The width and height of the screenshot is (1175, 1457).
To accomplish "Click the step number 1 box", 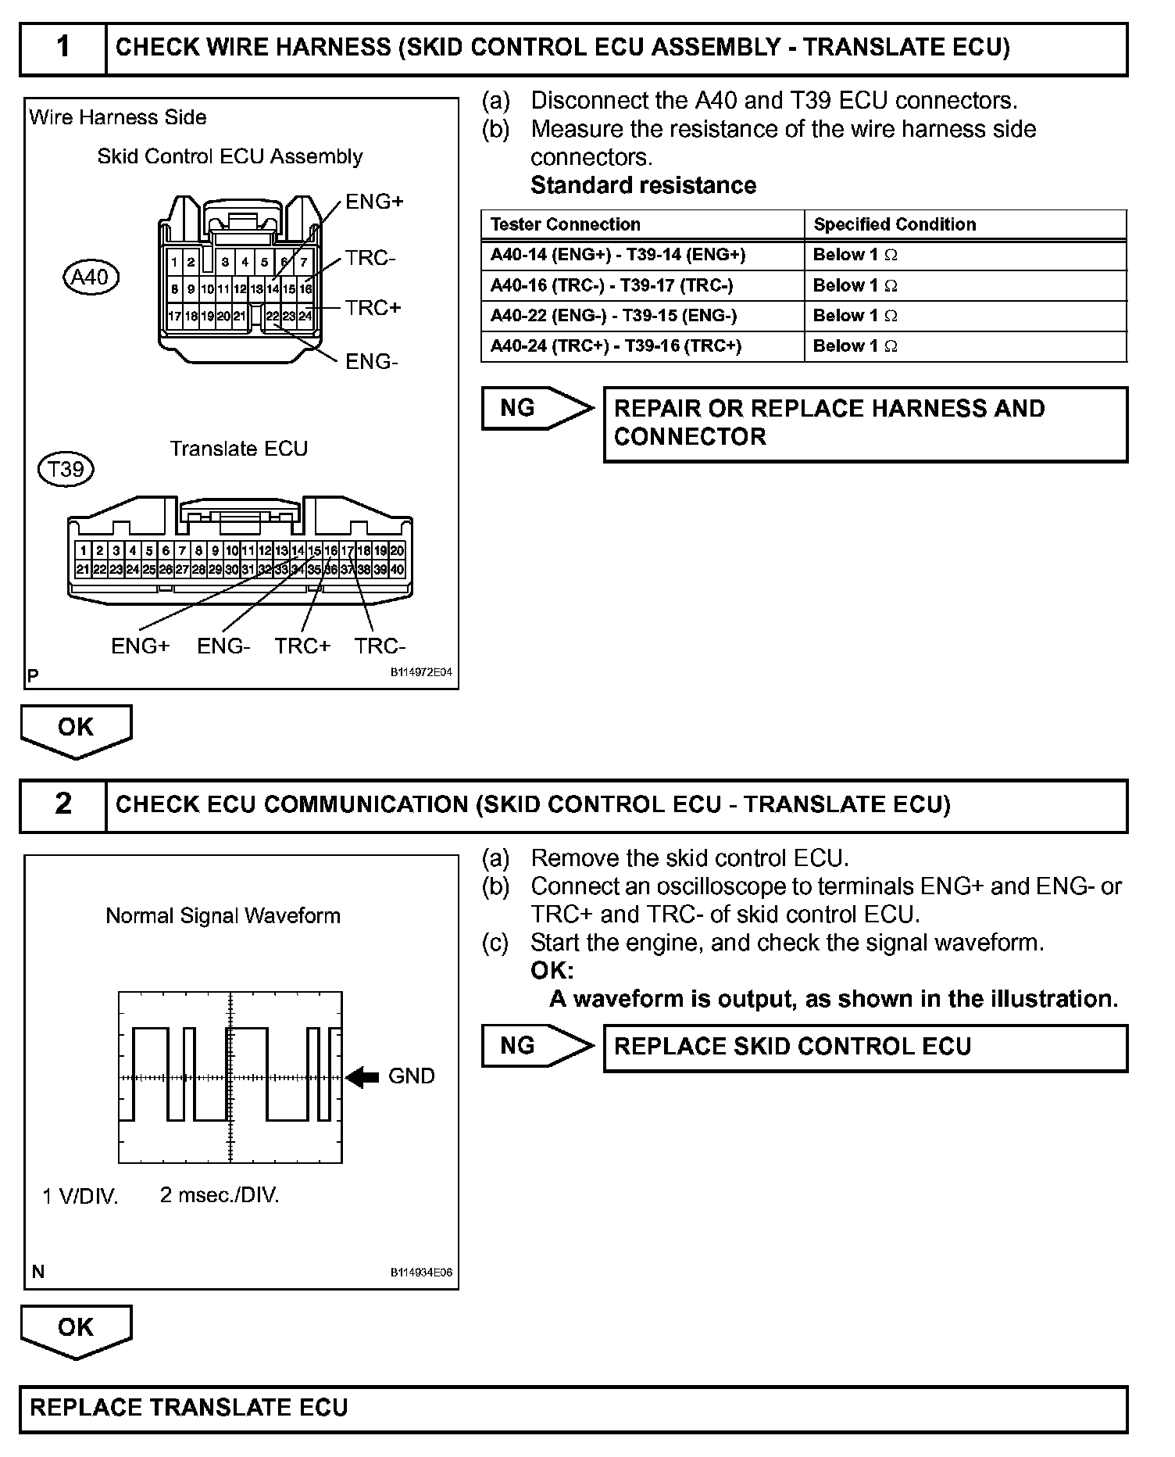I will [x=63, y=48].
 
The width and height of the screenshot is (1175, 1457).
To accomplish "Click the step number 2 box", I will [x=63, y=804].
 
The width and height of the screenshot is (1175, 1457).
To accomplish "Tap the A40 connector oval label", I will [x=91, y=277].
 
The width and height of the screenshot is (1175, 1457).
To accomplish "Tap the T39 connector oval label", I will [x=66, y=469].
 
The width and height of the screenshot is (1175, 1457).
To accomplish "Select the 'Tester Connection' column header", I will [x=565, y=224].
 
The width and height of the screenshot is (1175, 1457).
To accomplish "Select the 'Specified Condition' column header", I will [x=895, y=224].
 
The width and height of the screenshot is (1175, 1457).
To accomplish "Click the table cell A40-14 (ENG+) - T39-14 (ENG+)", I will [x=618, y=255].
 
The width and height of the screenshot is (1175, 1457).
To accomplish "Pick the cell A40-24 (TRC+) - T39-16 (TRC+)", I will [x=616, y=345].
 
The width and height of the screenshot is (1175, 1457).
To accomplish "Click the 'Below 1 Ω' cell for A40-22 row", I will [x=855, y=316].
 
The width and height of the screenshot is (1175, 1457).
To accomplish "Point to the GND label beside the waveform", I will [x=411, y=1076].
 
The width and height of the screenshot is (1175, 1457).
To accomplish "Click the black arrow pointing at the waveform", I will [x=362, y=1077].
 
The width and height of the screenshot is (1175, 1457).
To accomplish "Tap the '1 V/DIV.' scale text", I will [x=80, y=1196].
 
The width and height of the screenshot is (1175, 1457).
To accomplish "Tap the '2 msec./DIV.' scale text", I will [x=220, y=1194].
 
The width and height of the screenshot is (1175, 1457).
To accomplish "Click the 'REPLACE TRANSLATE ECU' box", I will [x=573, y=1409].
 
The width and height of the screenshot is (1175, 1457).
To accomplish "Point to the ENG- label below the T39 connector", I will [x=223, y=646].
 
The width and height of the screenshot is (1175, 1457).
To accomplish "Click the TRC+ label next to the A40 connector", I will [x=373, y=308].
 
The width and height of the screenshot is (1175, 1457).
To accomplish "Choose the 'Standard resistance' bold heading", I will [x=643, y=185].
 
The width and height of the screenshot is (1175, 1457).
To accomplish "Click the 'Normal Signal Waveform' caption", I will [x=223, y=915].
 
